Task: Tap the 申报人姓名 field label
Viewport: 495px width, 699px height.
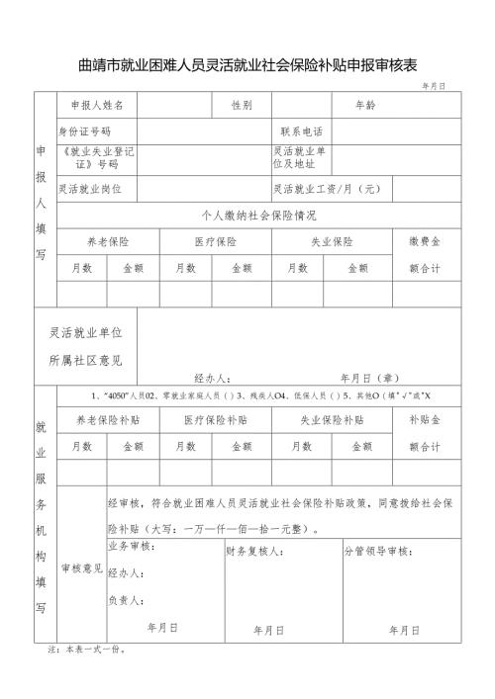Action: [97, 104]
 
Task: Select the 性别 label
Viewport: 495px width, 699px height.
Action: [242, 104]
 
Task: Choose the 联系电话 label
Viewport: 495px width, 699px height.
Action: [302, 131]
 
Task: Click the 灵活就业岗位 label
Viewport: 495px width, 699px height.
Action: [90, 188]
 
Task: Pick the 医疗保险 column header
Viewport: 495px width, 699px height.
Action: [215, 241]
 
